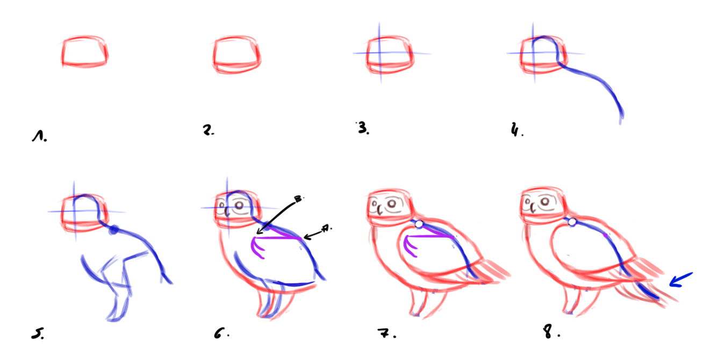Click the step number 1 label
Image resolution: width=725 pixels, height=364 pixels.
[x=39, y=136]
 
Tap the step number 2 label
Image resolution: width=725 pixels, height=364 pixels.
[x=208, y=130]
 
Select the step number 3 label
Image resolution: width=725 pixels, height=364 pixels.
[x=363, y=128]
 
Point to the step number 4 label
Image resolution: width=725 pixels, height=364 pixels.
[x=516, y=129]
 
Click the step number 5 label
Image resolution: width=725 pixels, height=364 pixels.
[x=38, y=333]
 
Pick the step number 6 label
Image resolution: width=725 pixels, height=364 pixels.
[x=221, y=333]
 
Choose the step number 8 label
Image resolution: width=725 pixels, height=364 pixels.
[x=551, y=332]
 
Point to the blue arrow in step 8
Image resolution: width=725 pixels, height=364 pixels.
[x=680, y=280]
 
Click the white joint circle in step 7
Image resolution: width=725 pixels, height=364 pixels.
[x=419, y=224]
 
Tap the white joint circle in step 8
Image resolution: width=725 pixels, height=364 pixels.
[x=572, y=222]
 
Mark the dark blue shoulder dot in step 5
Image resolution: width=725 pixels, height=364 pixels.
[x=113, y=230]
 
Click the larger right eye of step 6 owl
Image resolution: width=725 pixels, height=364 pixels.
[x=239, y=205]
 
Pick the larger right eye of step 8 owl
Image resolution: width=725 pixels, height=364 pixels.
[x=545, y=201]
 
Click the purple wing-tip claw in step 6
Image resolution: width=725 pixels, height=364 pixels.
[x=257, y=248]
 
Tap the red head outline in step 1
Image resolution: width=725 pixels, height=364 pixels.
[x=85, y=52]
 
